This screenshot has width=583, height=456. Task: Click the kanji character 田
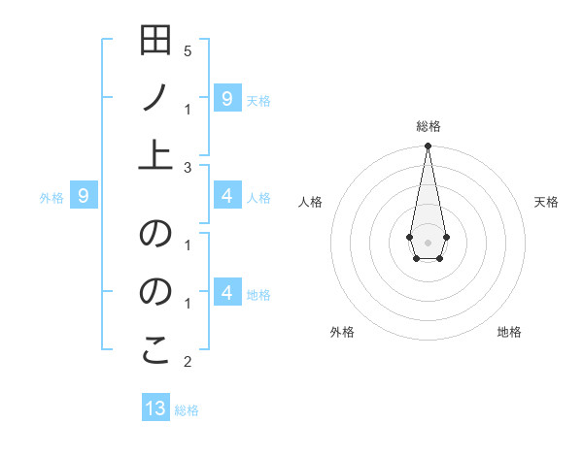pos(155,42)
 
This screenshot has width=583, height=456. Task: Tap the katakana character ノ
pos(155,97)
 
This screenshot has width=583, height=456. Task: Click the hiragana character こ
pos(155,351)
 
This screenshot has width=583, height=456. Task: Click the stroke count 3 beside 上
pos(187,168)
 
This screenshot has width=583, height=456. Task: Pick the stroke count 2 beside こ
pos(187,362)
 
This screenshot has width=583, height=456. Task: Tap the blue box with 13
pos(155,408)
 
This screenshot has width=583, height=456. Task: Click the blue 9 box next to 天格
pos(226,97)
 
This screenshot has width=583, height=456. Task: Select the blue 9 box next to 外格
pos(84,197)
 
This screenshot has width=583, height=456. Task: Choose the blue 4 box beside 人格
pos(226,197)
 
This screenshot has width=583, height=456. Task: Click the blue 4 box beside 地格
pos(226,293)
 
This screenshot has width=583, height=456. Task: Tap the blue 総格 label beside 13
pos(187,410)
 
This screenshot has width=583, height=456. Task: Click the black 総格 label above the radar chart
pos(428,126)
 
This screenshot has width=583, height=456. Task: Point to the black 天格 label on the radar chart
pos(546,202)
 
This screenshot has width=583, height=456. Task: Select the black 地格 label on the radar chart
pos(509,332)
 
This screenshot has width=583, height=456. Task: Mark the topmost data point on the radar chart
pos(428,146)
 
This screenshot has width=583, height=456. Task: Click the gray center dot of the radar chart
pos(428,241)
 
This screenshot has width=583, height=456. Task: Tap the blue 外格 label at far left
pos(51,198)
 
